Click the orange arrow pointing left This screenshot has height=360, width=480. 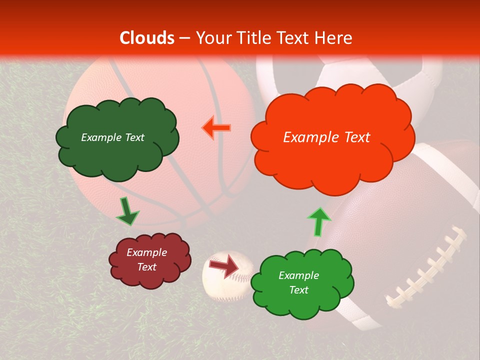click(x=216, y=128)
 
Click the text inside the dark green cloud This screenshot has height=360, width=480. click(x=112, y=137)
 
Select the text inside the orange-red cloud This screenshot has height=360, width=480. click(x=326, y=137)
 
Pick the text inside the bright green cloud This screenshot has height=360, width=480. click(x=298, y=282)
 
